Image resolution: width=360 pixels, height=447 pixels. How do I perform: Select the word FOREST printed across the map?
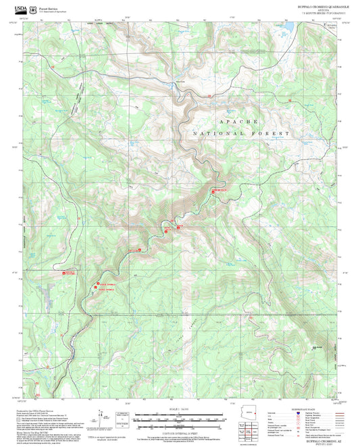pyautogui.click(x=267, y=135)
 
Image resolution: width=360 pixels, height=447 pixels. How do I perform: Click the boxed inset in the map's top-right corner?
pyautogui.click(x=332, y=26)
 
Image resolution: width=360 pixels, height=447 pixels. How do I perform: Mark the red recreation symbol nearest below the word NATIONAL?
pyautogui.click(x=215, y=192)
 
